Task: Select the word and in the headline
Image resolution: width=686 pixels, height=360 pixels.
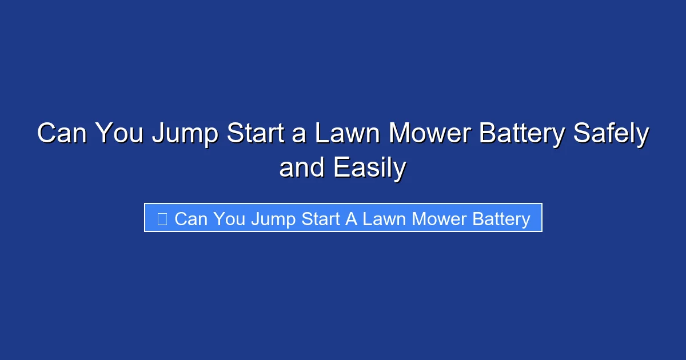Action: [x=301, y=169]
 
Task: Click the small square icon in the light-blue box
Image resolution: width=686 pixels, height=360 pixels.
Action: [x=162, y=219]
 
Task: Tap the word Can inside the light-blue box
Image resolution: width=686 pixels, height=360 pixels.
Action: [x=192, y=219]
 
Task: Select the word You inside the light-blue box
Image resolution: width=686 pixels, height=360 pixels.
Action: [x=230, y=219]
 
